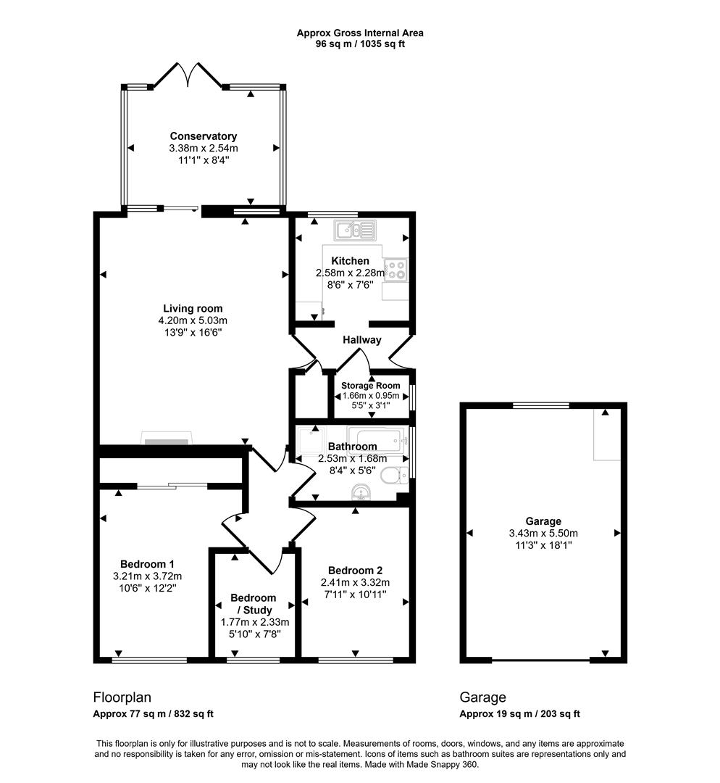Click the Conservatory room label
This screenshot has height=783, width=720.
point(203,136)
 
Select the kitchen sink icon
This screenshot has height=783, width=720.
point(354,231)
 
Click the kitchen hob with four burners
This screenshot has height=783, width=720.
point(396,270)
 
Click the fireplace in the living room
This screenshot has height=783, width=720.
point(167,439)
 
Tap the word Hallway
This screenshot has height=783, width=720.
point(362,339)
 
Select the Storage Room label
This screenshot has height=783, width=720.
point(371,385)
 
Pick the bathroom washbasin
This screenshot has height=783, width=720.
point(360,494)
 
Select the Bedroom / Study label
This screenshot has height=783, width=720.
point(254,604)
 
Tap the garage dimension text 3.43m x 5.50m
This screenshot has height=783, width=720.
point(543,534)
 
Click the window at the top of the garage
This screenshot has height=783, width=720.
point(541,405)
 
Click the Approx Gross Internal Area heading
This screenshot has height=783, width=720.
point(360,33)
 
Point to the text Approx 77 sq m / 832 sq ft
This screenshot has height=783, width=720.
point(154,714)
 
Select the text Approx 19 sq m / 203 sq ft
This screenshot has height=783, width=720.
point(520,714)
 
